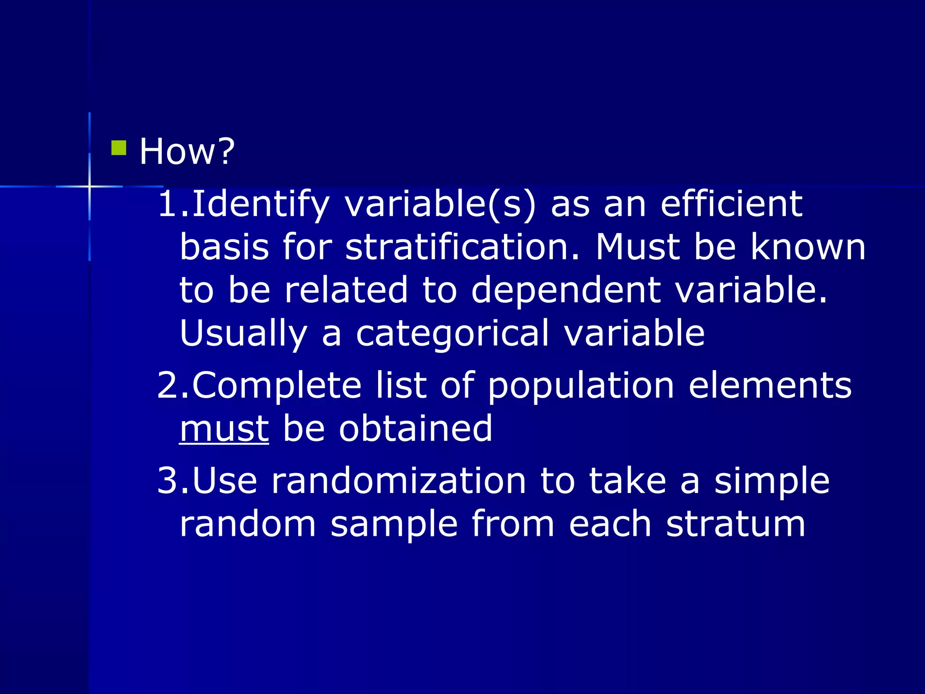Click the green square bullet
[x=119, y=148]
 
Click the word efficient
[x=731, y=204]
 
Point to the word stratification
[x=462, y=248]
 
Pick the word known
[x=808, y=248]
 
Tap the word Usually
[x=243, y=333]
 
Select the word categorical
[x=453, y=333]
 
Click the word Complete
[x=277, y=386]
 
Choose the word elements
[x=770, y=386]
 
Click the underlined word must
[x=224, y=429]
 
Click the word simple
[x=771, y=482]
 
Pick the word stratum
[x=736, y=524]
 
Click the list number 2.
[x=168, y=386]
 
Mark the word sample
[x=394, y=525]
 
